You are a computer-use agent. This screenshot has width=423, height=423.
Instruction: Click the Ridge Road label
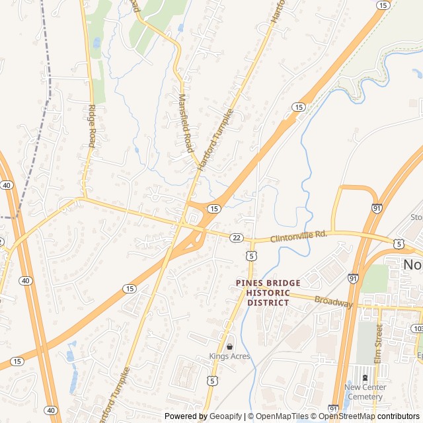pyautogui.click(x=92, y=127)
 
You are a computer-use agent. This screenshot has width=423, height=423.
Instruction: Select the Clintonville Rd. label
pyautogui.click(x=299, y=235)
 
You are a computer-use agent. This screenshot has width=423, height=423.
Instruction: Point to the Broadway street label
pyautogui.click(x=334, y=303)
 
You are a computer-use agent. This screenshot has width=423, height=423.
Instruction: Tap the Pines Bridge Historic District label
pyautogui.click(x=268, y=292)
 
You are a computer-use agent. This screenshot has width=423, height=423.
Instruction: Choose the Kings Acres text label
pyautogui.click(x=230, y=356)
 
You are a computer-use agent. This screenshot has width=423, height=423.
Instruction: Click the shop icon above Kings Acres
pyautogui.click(x=229, y=346)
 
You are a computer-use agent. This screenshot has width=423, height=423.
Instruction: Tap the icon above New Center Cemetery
pyautogui.click(x=365, y=377)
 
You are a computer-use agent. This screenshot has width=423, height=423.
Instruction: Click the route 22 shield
pyautogui.click(x=236, y=237)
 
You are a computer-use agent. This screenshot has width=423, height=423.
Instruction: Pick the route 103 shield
pyautogui.click(x=417, y=328)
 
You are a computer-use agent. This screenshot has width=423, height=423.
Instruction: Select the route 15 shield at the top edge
pyautogui.click(x=383, y=5)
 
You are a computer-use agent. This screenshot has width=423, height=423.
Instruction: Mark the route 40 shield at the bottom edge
pyautogui.click(x=52, y=411)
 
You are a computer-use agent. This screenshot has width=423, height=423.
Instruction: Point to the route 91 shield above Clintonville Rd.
pyautogui.click(x=376, y=208)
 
